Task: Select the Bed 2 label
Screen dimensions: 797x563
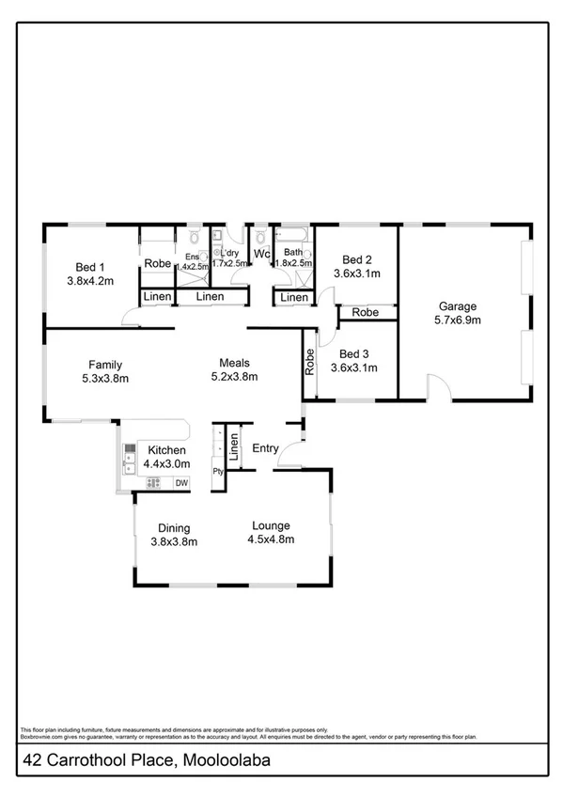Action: pos(358,259)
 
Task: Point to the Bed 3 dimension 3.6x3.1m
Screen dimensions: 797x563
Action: pos(354,367)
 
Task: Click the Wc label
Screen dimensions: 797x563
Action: pos(262,254)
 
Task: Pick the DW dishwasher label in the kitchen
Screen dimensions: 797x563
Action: pos(182,483)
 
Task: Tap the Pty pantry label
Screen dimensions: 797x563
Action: pos(218,472)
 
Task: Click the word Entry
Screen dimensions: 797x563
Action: pos(265,448)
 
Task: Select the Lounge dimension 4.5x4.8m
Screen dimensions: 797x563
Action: pos(271,539)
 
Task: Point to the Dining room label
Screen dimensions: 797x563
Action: pos(174,526)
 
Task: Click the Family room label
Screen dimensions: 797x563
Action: pos(105,365)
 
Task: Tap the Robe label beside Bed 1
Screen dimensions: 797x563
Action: pos(158,264)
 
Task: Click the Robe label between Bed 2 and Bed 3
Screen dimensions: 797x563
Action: pos(366,312)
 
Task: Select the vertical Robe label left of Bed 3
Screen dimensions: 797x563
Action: pos(308,363)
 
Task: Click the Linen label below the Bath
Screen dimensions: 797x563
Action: pos(294,298)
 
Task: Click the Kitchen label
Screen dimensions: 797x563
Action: pos(164,451)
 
